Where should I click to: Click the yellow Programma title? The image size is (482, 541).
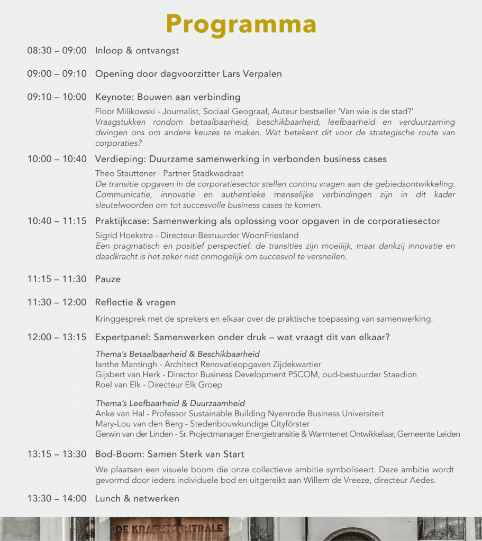(x=241, y=24)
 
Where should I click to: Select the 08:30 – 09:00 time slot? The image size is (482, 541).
(x=57, y=51)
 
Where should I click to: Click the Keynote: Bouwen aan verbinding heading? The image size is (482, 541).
(x=168, y=97)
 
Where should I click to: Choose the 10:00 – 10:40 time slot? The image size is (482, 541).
(x=57, y=159)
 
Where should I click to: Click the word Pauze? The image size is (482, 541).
(x=108, y=279)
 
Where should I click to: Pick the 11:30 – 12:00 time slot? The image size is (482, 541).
(x=57, y=302)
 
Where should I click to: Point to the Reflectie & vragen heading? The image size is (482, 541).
(x=135, y=302)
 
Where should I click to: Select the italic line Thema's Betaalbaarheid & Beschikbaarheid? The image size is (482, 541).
(x=177, y=354)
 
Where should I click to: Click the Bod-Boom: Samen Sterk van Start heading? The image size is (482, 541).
(x=169, y=454)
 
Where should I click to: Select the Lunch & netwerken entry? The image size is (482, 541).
(x=137, y=498)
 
